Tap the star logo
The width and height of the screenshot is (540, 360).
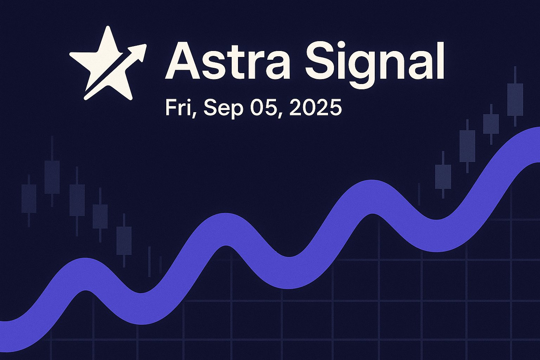108,63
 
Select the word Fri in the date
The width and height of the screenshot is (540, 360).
180,108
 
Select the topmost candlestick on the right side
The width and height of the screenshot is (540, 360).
515,96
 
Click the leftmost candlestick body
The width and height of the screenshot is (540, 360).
29,199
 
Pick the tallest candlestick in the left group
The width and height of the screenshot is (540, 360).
52,172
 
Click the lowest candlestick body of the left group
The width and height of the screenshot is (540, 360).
124,240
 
